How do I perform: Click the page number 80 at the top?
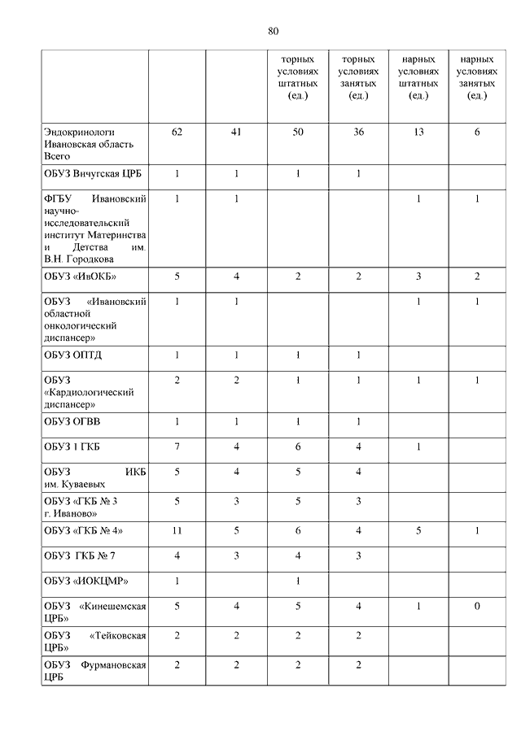pyautogui.click(x=273, y=31)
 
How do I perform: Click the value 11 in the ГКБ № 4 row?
pyautogui.click(x=177, y=530)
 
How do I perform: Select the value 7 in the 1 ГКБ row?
pyautogui.click(x=177, y=446)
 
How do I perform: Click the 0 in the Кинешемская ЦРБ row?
pyautogui.click(x=477, y=606)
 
